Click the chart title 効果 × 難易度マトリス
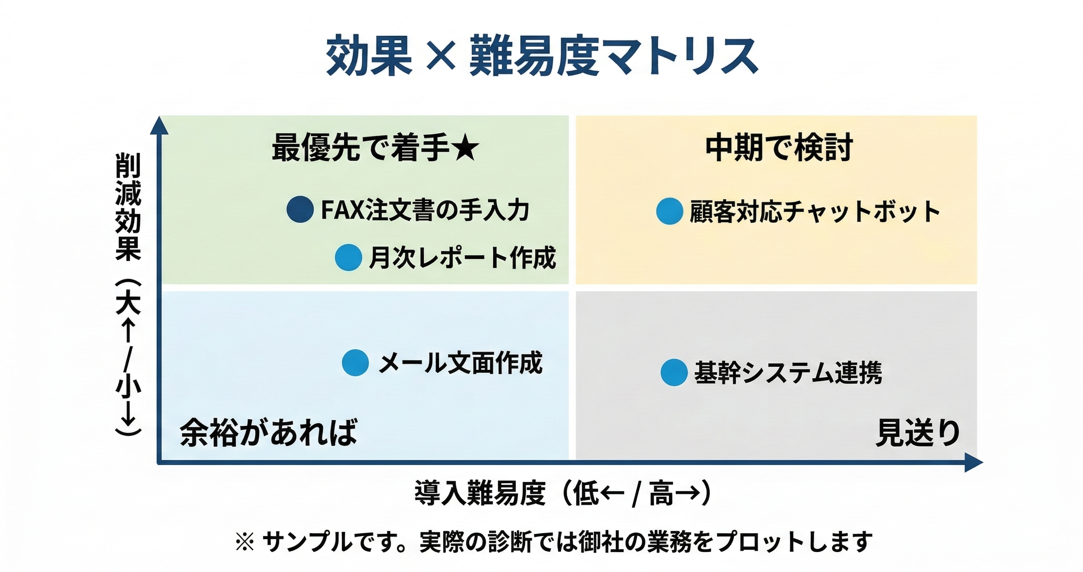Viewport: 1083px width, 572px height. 542,56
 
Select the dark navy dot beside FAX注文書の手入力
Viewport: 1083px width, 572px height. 300,209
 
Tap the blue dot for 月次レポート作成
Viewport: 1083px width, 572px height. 348,257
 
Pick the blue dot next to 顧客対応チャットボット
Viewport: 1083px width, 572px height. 669,211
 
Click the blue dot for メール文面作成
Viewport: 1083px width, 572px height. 355,362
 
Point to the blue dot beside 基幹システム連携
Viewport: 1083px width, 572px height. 673,372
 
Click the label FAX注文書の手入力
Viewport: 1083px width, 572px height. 425,210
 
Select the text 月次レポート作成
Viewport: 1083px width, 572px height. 462,257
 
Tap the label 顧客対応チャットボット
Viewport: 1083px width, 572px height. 815,211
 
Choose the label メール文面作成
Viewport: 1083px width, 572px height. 461,362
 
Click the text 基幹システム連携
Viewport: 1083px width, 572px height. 788,373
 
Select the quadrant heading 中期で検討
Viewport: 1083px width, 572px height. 779,147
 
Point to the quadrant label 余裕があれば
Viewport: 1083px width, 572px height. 268,432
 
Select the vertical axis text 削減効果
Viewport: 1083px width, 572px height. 128,207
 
